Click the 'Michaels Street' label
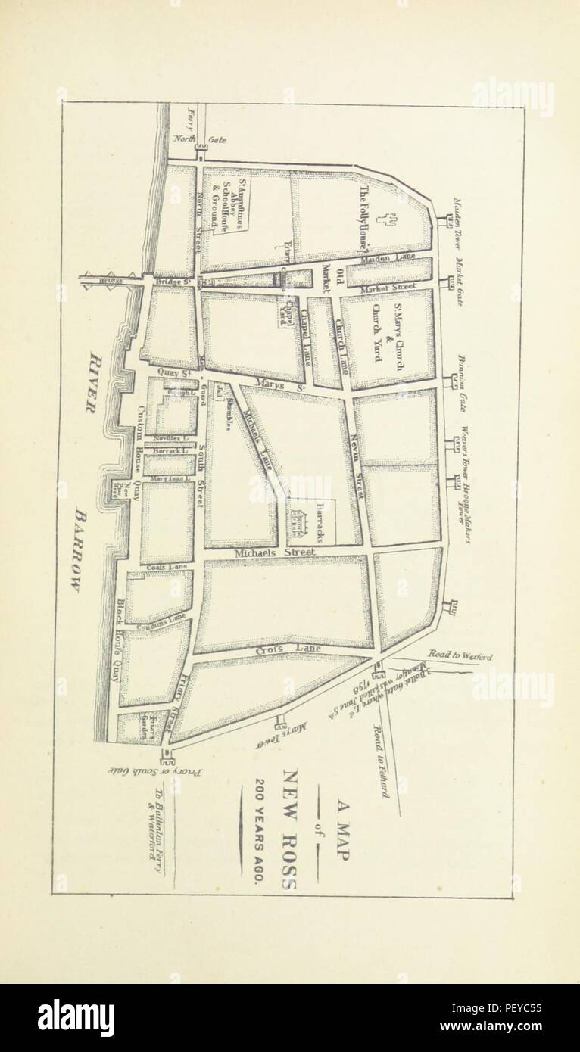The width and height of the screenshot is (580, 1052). [x=275, y=553]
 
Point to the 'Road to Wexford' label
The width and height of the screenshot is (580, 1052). [x=460, y=656]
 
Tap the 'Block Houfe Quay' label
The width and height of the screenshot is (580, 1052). [x=120, y=639]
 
